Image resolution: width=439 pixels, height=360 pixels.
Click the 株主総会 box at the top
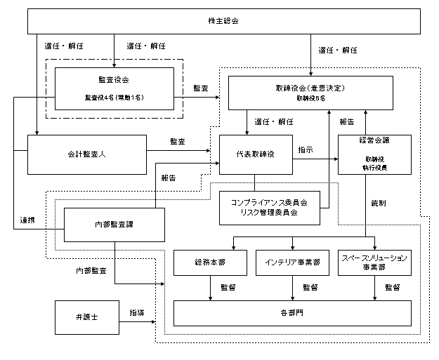(x=225, y=20)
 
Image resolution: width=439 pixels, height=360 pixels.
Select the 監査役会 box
(x=114, y=88)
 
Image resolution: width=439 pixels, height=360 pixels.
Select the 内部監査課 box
(x=114, y=225)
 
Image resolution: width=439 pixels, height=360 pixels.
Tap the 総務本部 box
(x=210, y=263)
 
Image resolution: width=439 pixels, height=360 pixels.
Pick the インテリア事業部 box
(x=291, y=263)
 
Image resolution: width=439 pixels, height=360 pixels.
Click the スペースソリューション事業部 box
(x=373, y=263)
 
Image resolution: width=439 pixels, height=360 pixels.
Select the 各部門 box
(x=291, y=312)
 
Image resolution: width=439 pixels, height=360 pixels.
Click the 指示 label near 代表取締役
(x=306, y=149)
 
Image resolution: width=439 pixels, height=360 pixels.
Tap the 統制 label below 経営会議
(x=378, y=203)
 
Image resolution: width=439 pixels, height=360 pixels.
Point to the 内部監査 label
(x=91, y=270)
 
